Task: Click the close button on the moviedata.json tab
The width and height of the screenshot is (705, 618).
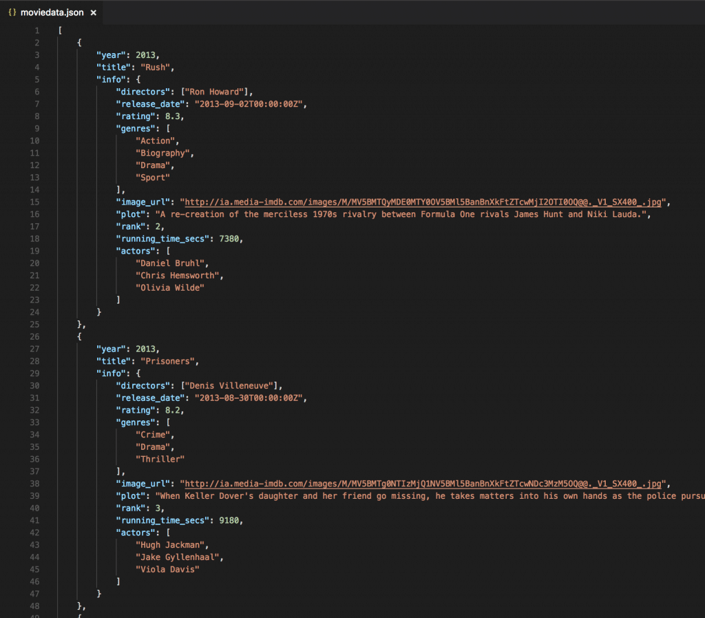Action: tap(93, 12)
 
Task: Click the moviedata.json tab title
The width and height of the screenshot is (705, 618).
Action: tap(52, 12)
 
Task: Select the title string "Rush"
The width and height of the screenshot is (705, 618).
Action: tap(155, 68)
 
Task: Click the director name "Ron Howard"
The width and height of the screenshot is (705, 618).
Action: tap(214, 92)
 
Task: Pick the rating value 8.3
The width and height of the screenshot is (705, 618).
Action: tap(172, 116)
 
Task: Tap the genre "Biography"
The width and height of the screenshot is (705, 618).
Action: tap(162, 154)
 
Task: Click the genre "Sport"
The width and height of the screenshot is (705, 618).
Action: tap(153, 178)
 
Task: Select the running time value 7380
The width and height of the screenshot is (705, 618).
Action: tap(229, 239)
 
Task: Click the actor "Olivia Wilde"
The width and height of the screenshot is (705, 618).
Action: tap(170, 288)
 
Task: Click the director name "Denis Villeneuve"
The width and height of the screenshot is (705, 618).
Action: tap(229, 386)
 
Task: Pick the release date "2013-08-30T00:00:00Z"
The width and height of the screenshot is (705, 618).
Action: tap(249, 398)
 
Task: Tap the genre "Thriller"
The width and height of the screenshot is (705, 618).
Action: tap(160, 460)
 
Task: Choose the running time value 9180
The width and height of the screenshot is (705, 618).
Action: tap(229, 520)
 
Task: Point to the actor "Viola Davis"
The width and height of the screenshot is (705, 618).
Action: tap(167, 569)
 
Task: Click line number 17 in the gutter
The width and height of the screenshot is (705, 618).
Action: tap(34, 227)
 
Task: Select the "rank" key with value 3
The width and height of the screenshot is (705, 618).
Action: tap(131, 508)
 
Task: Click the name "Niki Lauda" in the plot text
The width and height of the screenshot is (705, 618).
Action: tap(611, 214)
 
